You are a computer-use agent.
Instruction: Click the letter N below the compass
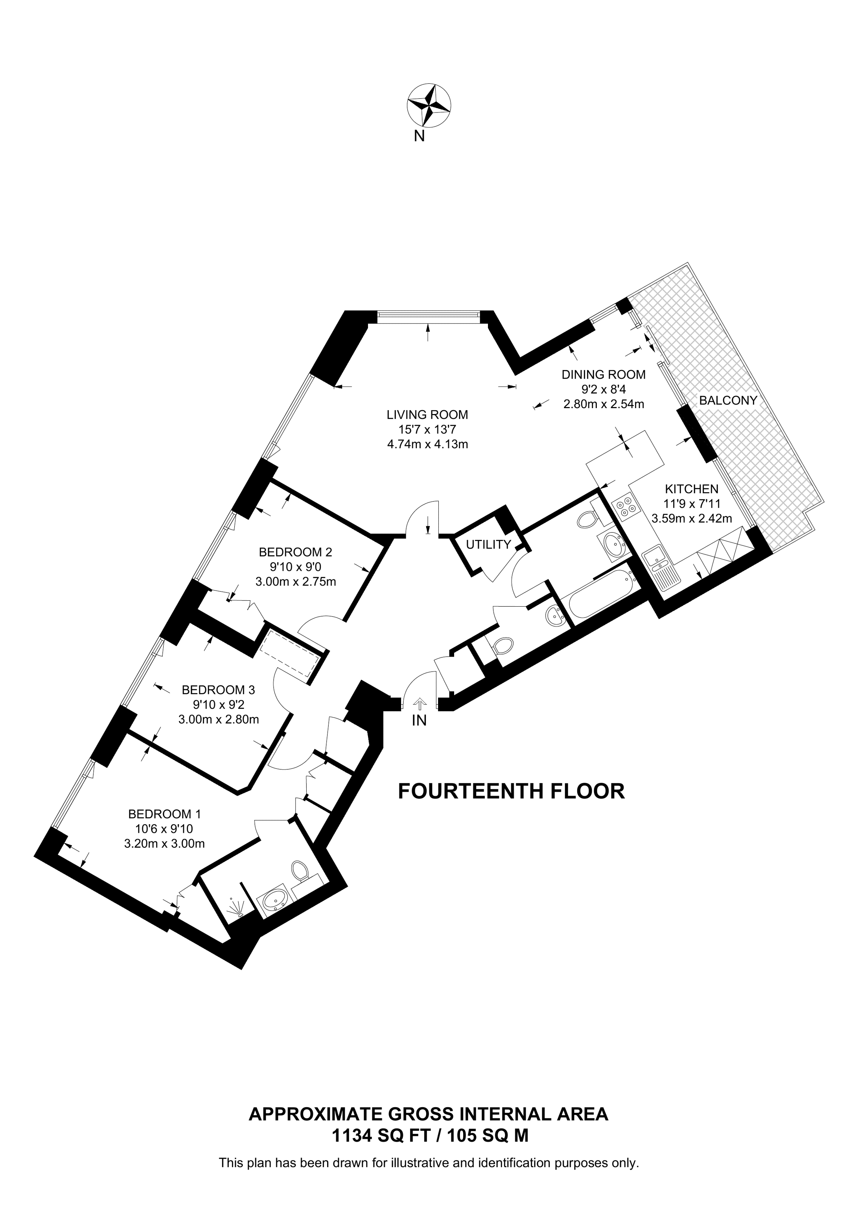click(420, 136)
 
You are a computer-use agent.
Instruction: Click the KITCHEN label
click(691, 489)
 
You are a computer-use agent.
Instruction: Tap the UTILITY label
click(488, 544)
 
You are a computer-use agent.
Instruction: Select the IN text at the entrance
click(420, 721)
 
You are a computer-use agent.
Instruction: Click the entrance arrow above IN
click(420, 704)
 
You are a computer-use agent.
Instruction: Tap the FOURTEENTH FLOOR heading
click(511, 791)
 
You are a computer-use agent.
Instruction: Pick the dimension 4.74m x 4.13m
click(427, 444)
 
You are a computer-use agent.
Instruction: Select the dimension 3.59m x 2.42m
click(691, 518)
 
